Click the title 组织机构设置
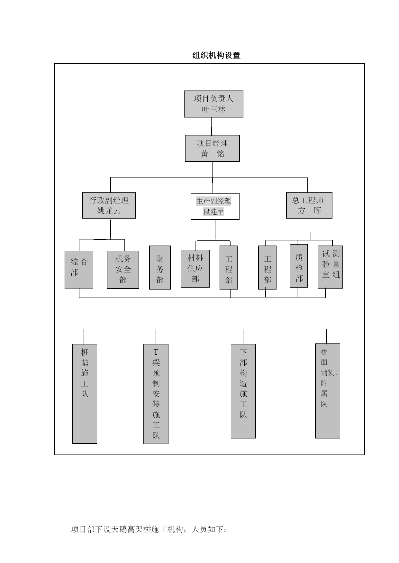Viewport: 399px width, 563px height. pyautogui.click(x=216, y=55)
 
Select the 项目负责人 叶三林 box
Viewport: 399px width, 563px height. pyautogui.click(x=213, y=104)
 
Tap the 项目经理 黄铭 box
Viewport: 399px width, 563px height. pyautogui.click(x=212, y=148)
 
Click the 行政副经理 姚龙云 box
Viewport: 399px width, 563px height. pyautogui.click(x=109, y=205)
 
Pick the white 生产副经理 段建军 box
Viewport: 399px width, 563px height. pyautogui.click(x=215, y=206)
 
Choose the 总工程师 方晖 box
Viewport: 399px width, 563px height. pyautogui.click(x=309, y=205)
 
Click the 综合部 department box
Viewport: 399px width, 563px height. pyautogui.click(x=79, y=270)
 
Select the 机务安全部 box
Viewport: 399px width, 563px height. pyautogui.click(x=123, y=270)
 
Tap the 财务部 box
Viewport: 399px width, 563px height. pyautogui.click(x=160, y=267)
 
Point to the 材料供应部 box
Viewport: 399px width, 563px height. pyautogui.click(x=195, y=269)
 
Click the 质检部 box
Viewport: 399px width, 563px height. pyautogui.click(x=299, y=266)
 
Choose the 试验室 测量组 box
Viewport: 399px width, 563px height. pyautogui.click(x=331, y=267)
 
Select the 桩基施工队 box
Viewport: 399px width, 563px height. pyautogui.click(x=85, y=394)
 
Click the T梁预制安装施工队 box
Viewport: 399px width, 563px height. pyautogui.click(x=156, y=394)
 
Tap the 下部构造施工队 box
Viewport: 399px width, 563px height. pyautogui.click(x=243, y=391)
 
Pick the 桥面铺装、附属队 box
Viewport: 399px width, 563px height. pyautogui.click(x=328, y=391)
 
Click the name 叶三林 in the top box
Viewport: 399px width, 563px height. pyautogui.click(x=213, y=109)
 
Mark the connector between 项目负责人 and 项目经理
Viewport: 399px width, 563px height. pyautogui.click(x=212, y=126)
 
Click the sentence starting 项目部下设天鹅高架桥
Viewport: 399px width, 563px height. pyautogui.click(x=149, y=529)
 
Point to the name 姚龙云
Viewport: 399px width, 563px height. pyautogui.click(x=109, y=211)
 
